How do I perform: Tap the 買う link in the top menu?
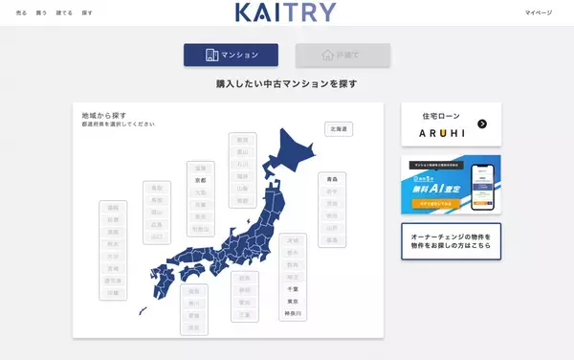(41, 12)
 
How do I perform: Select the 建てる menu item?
(64, 12)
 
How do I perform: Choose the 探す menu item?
(87, 12)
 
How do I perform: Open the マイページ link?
(539, 12)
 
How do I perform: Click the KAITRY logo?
(285, 12)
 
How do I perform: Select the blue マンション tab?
(231, 55)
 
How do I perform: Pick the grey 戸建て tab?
(342, 55)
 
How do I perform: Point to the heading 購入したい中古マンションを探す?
(287, 84)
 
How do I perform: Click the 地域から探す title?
(102, 115)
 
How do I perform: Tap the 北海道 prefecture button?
(339, 127)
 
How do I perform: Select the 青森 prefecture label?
(332, 179)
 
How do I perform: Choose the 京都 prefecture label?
(200, 179)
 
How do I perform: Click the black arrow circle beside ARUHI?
(482, 124)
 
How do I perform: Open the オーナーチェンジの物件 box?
(451, 241)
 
